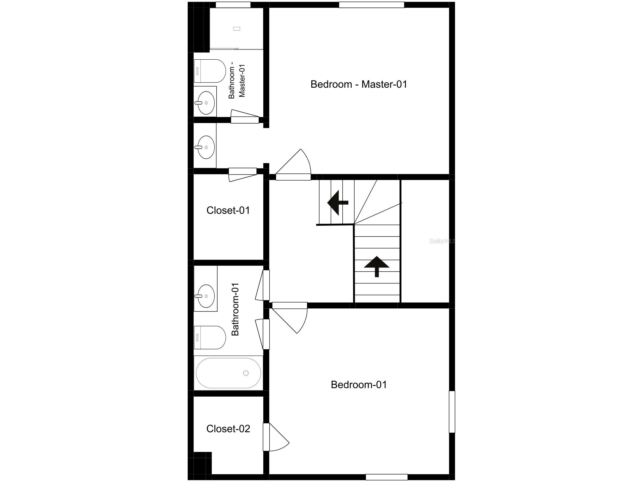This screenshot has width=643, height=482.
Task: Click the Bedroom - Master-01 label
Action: (x=359, y=84)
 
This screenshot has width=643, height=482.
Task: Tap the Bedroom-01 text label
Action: (x=359, y=385)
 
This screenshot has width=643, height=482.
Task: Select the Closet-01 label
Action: (x=228, y=210)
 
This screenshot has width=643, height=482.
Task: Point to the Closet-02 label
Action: (x=228, y=429)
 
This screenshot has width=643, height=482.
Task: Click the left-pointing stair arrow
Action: (x=338, y=203)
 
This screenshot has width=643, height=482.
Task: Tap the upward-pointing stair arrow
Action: (x=377, y=267)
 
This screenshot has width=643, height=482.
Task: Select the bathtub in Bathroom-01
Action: (x=229, y=373)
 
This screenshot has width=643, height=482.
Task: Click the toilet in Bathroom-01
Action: (x=210, y=338)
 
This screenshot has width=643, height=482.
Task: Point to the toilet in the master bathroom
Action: (x=210, y=71)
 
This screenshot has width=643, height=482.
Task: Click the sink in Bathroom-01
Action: (x=206, y=296)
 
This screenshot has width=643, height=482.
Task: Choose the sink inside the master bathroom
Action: (x=206, y=102)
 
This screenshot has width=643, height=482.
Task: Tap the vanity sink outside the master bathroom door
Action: (x=206, y=147)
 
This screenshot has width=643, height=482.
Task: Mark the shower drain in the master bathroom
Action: (x=237, y=29)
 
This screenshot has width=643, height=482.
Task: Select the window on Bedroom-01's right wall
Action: (x=452, y=412)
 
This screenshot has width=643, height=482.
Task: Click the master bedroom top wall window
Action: (x=372, y=5)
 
